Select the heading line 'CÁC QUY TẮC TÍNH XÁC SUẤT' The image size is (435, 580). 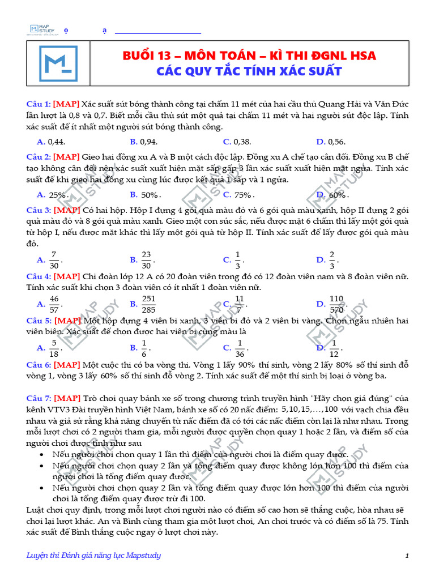coord(249,71)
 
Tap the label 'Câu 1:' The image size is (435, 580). coord(39,105)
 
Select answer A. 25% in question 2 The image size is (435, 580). coord(53,194)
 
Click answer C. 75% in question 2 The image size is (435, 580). coord(238,194)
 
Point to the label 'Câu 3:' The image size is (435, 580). coord(39,210)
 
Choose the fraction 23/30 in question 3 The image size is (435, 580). coord(146,259)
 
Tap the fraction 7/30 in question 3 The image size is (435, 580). coord(54,259)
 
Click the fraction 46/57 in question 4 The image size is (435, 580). coord(54,304)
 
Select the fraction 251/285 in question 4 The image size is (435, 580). coord(148,304)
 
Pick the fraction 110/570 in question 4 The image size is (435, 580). coord(336,304)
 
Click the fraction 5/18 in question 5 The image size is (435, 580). coord(54,347)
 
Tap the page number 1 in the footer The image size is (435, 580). coord(407,556)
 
